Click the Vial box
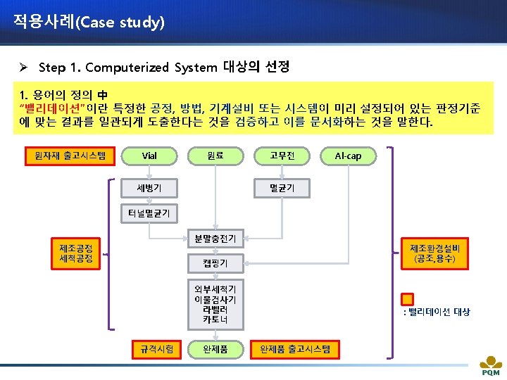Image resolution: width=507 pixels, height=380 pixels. pyautogui.click(x=149, y=155)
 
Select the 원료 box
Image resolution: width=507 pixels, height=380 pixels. pyautogui.click(x=215, y=155)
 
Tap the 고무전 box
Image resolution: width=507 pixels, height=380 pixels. pyautogui.click(x=282, y=155)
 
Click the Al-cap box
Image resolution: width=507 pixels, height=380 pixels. pyautogui.click(x=348, y=155)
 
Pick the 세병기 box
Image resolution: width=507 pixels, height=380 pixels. pyautogui.click(x=149, y=187)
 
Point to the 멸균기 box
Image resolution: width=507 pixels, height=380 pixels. pyautogui.click(x=282, y=187)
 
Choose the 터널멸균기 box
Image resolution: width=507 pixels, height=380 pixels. pyautogui.click(x=149, y=213)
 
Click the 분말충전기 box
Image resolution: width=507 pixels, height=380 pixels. pyautogui.click(x=215, y=239)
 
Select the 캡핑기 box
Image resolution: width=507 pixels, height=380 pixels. pyautogui.click(x=215, y=265)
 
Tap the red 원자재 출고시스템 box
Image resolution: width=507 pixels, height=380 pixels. pyautogui.click(x=65, y=154)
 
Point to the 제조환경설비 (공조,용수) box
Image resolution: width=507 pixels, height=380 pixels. pyautogui.click(x=435, y=253)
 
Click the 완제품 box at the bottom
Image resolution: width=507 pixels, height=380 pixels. pyautogui.click(x=215, y=348)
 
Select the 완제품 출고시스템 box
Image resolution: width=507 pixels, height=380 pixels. pyautogui.click(x=295, y=348)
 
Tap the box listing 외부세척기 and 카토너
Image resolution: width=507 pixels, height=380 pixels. pyautogui.click(x=215, y=305)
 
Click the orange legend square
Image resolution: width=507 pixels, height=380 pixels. pyautogui.click(x=407, y=299)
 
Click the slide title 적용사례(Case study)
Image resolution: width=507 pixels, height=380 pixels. pyautogui.click(x=89, y=22)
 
